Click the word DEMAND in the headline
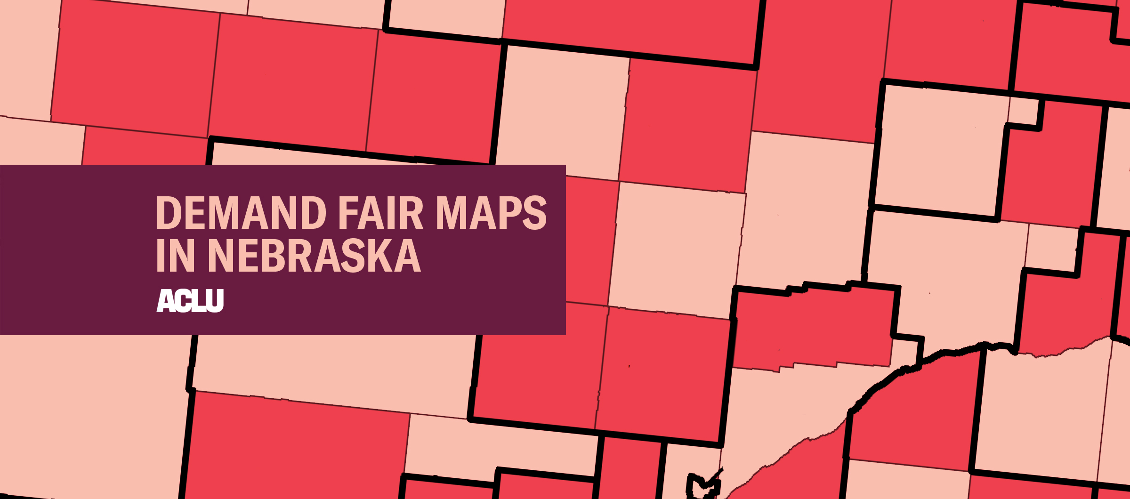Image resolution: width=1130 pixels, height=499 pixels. [241, 213]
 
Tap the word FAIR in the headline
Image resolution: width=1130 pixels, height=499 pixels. [380, 213]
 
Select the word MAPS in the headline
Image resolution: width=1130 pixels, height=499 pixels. [491, 213]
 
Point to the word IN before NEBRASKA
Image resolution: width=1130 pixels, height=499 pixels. [175, 256]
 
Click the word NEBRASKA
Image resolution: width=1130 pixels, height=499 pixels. [314, 256]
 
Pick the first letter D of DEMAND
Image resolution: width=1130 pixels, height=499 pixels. [168, 213]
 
